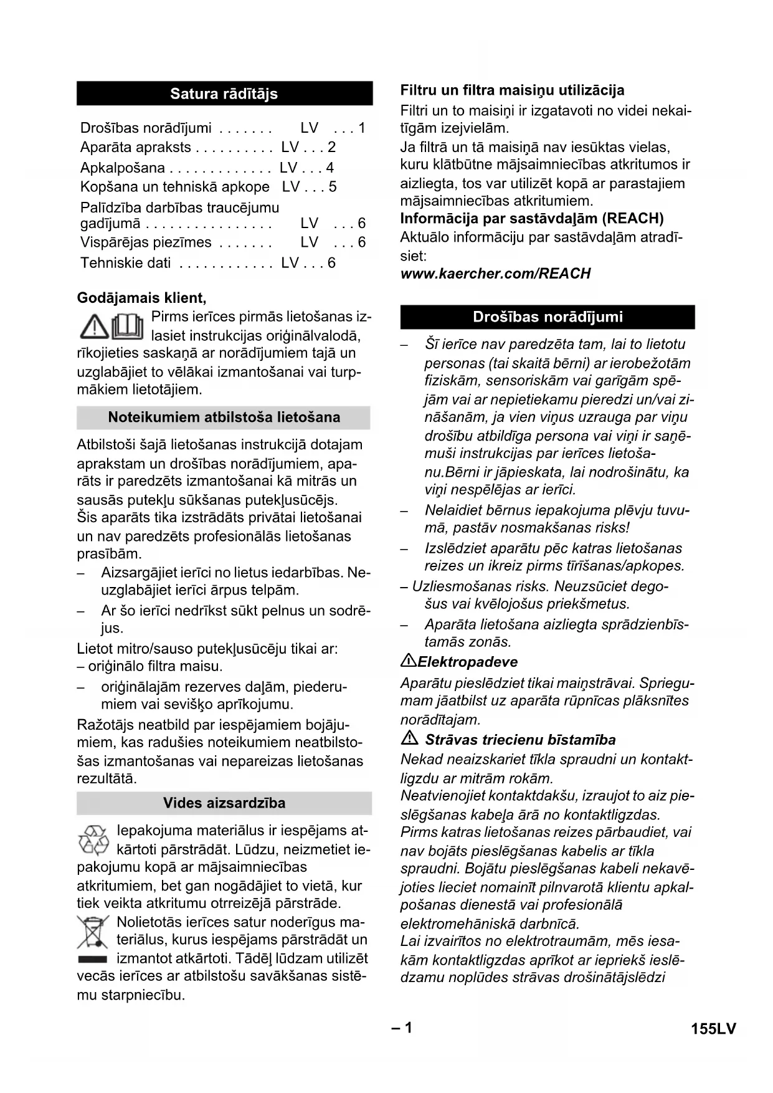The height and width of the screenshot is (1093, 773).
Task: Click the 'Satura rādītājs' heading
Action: (x=224, y=93)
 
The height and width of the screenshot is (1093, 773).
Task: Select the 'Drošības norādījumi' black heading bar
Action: (x=548, y=317)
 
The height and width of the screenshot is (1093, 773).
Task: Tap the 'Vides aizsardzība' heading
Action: (x=224, y=803)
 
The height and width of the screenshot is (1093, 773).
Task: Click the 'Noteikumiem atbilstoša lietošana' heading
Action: (x=224, y=417)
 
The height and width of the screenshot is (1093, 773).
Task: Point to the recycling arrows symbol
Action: (x=93, y=839)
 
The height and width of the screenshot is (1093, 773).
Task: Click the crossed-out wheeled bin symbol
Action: (x=93, y=933)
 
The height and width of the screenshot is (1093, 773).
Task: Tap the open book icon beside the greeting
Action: (x=128, y=326)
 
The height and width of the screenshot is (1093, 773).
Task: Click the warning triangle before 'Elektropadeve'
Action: (x=409, y=661)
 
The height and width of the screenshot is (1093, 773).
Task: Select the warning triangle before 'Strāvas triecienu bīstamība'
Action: (x=409, y=739)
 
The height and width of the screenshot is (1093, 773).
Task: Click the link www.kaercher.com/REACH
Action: (x=495, y=274)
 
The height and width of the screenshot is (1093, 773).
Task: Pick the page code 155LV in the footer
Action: (x=713, y=1029)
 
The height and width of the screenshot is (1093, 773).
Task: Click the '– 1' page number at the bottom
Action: (x=402, y=1028)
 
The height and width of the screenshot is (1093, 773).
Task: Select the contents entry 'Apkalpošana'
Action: (x=123, y=168)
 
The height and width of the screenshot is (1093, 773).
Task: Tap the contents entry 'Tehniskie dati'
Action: (x=125, y=262)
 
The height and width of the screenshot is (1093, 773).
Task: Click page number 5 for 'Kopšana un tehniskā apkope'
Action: (x=333, y=187)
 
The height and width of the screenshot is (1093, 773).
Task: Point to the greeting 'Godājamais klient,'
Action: (x=141, y=298)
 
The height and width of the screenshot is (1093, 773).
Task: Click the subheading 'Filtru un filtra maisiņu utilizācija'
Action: (x=512, y=90)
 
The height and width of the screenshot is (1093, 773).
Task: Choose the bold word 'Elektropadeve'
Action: (x=468, y=662)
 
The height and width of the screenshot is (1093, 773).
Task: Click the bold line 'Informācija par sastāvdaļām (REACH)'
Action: (x=532, y=218)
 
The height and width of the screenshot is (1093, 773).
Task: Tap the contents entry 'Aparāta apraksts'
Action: (x=136, y=147)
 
